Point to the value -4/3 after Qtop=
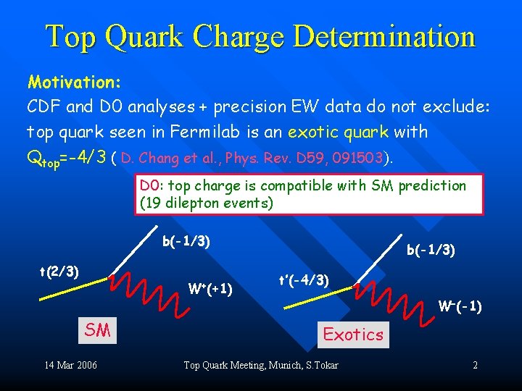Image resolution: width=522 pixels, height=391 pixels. [x=86, y=156]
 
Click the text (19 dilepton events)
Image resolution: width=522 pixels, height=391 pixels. [x=207, y=203]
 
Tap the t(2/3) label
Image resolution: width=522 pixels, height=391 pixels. [x=59, y=272]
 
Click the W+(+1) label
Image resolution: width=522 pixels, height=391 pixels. [x=210, y=290]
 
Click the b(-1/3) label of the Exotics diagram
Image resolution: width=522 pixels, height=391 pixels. [x=431, y=251]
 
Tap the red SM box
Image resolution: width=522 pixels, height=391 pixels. [x=98, y=330]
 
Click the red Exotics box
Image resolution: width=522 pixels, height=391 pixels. [x=353, y=334]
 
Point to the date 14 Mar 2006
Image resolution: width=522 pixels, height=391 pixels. [x=70, y=365]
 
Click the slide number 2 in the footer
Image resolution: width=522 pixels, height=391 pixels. [x=475, y=365]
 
